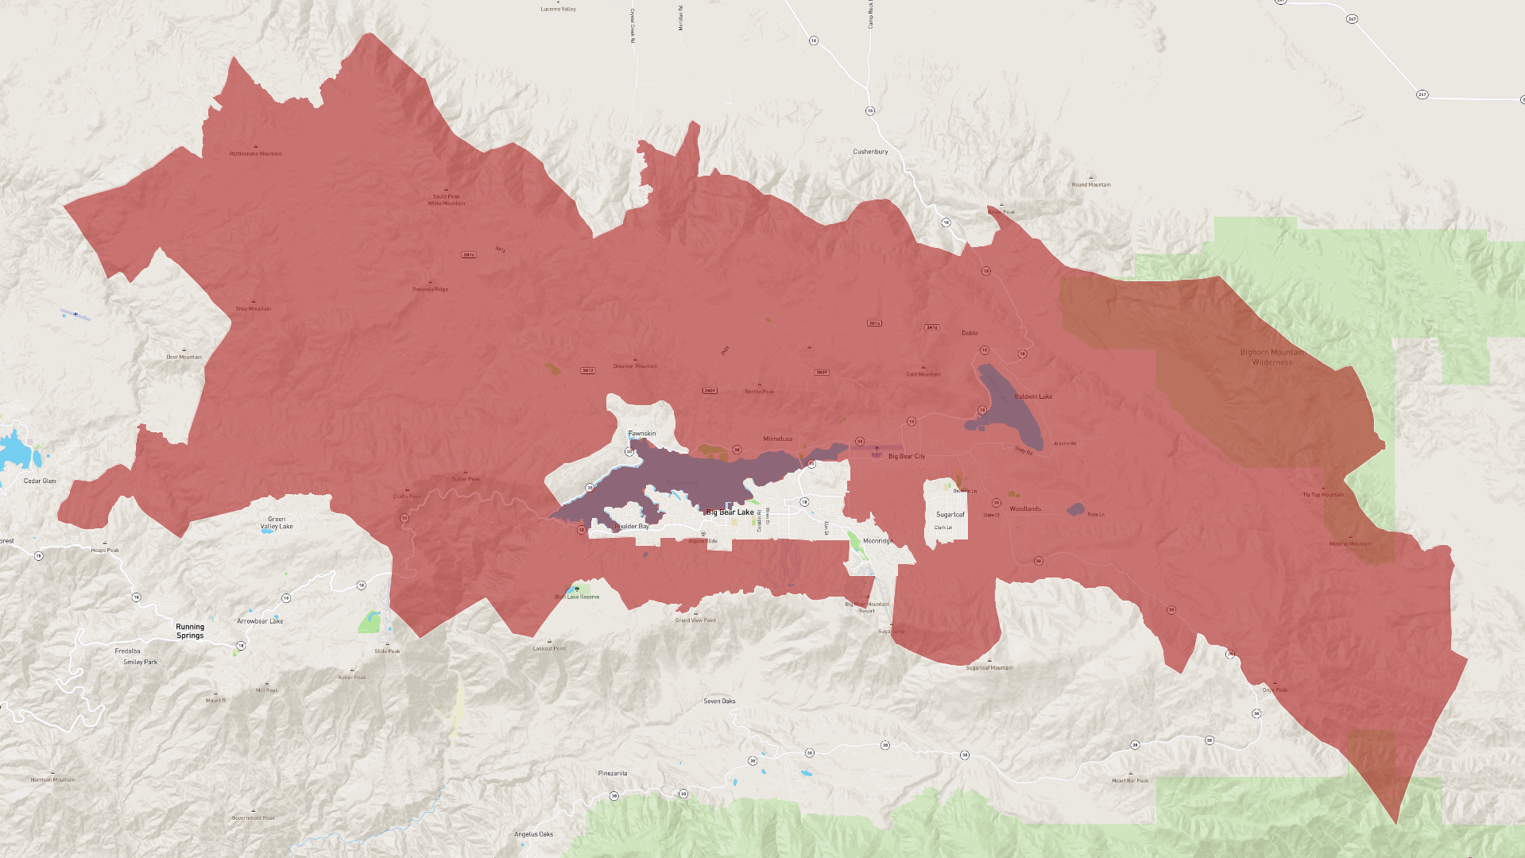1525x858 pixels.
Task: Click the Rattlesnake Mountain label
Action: click(x=256, y=154)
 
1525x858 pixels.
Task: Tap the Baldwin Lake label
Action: click(x=1033, y=396)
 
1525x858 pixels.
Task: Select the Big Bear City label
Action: click(x=907, y=457)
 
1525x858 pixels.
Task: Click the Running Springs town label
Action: click(x=190, y=632)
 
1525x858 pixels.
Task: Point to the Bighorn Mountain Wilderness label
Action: click(x=1272, y=357)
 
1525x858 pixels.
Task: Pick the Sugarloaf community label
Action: click(x=950, y=515)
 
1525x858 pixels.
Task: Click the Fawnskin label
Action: click(x=642, y=434)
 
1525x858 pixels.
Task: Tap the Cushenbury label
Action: click(x=870, y=152)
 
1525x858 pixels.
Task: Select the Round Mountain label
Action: click(x=1091, y=185)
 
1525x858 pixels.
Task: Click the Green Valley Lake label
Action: click(x=277, y=523)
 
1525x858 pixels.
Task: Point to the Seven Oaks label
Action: click(x=719, y=701)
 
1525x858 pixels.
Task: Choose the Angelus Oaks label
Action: click(x=533, y=834)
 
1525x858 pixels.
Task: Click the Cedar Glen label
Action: click(x=40, y=481)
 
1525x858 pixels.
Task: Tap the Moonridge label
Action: click(x=878, y=541)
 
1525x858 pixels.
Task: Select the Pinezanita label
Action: click(x=613, y=774)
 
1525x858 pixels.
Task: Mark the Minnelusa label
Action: click(x=778, y=439)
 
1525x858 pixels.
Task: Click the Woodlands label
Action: click(x=1025, y=509)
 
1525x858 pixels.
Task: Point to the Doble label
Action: click(x=970, y=334)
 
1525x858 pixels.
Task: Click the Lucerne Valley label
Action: click(x=558, y=10)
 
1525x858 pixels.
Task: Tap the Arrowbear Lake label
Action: click(x=260, y=621)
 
